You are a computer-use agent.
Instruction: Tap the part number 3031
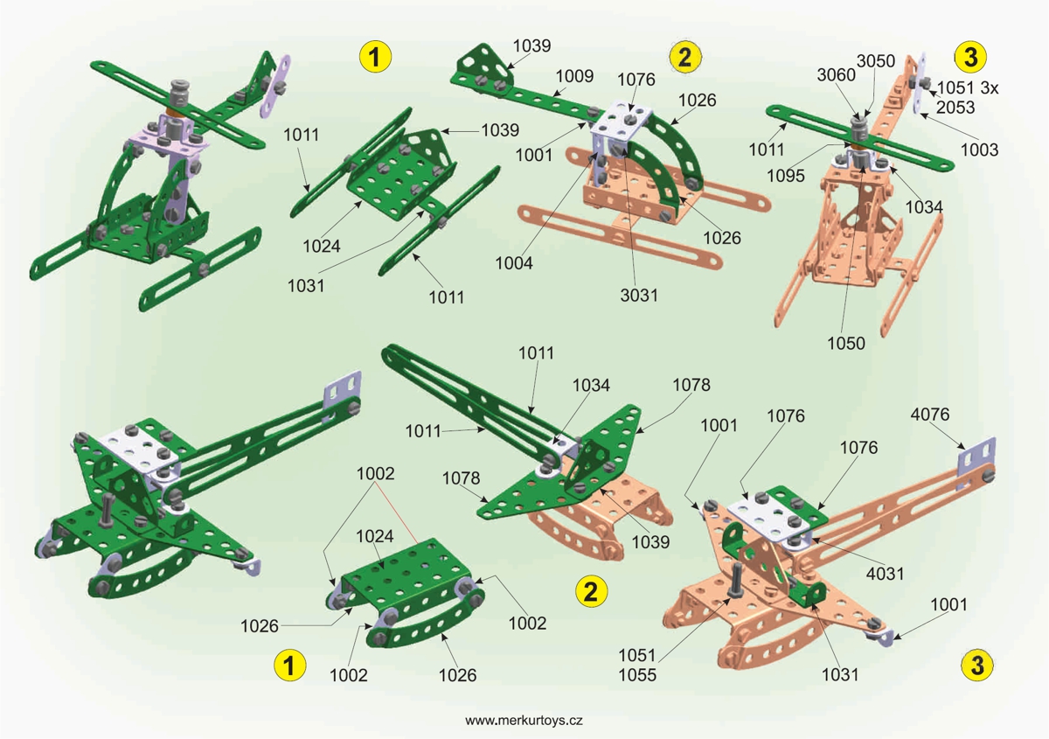639,295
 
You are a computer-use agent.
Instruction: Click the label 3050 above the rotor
875,60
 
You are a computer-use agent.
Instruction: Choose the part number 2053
955,107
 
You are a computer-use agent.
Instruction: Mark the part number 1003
979,150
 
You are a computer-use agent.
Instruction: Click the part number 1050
847,344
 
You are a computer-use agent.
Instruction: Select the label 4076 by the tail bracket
930,413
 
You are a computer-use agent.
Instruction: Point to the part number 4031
885,573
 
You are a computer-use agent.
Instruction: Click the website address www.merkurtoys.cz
524,721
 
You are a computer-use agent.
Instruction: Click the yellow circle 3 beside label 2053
969,56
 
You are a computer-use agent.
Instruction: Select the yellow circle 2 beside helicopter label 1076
684,58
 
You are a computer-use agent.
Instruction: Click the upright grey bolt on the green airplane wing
105,511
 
